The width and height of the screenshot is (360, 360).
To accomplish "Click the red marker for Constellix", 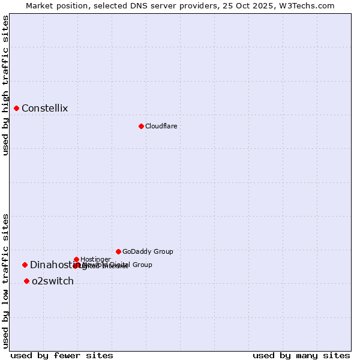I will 16,108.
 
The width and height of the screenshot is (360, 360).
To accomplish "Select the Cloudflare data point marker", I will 141,126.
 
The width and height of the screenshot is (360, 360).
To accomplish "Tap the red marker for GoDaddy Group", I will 118,251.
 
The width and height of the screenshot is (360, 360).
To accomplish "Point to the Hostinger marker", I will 76,259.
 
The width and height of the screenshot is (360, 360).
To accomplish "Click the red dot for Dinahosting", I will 25,265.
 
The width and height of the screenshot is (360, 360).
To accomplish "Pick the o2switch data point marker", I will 26,281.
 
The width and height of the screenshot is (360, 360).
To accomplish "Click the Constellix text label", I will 44,109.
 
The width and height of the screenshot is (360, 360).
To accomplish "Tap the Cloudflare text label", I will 161,126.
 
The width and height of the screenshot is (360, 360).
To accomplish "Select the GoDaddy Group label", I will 148,251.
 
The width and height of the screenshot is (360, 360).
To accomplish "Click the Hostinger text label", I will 95,259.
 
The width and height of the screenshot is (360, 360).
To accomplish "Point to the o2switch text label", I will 53,281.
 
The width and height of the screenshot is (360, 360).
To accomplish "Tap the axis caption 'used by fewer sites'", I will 62,355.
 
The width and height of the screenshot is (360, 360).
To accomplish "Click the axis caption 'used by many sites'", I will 301,355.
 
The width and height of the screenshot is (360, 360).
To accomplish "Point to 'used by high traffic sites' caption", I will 5,85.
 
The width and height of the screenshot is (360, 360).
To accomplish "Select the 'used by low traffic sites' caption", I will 5,281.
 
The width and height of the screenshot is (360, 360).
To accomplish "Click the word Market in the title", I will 39,5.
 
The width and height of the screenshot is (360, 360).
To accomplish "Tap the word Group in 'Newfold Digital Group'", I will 142,265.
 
